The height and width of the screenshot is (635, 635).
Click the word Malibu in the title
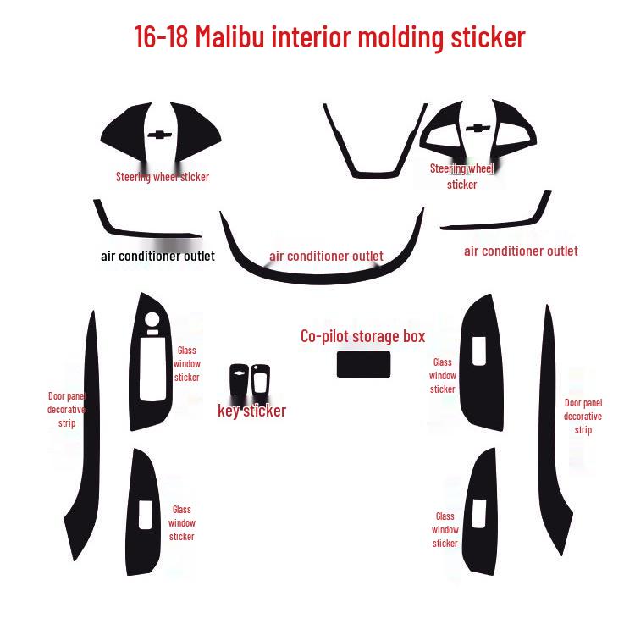coord(230,37)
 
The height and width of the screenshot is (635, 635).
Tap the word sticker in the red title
coord(488,37)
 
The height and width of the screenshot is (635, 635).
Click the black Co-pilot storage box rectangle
coord(364,364)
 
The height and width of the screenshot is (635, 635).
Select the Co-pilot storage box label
coord(363,336)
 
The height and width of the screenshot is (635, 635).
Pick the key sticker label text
coord(252,411)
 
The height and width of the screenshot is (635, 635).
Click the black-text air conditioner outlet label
coord(158,256)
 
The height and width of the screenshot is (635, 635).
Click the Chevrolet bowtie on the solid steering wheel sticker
coord(159,135)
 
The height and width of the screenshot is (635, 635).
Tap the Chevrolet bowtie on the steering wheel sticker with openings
coord(478,128)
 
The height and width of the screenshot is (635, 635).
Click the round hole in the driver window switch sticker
coord(152,319)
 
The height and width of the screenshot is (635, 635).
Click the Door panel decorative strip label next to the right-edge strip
coord(583,417)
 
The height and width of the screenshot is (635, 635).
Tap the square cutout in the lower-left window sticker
coord(146,515)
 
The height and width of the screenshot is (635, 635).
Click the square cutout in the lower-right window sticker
coord(479,514)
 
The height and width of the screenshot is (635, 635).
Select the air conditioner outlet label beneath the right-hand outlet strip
coord(521,251)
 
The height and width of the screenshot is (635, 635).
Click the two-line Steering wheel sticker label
coord(461,177)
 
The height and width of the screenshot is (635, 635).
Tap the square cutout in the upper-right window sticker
coord(479,351)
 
